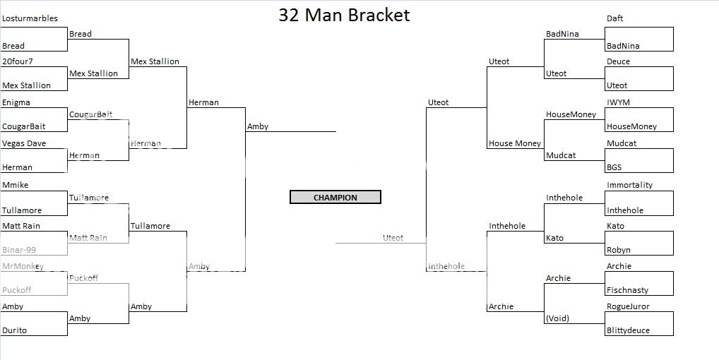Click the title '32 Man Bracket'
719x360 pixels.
click(x=344, y=15)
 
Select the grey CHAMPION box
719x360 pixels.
click(x=335, y=198)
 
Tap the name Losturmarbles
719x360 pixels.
click(x=30, y=18)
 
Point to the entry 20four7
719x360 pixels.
click(x=18, y=61)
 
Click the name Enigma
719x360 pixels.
click(x=16, y=102)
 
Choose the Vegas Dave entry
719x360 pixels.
click(x=24, y=143)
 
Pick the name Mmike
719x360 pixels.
click(x=16, y=185)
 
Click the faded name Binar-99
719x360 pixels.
click(x=19, y=250)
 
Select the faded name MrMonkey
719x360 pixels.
click(x=23, y=266)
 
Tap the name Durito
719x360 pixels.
click(x=15, y=330)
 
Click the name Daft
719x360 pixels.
click(x=614, y=18)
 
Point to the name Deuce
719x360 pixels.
click(x=618, y=61)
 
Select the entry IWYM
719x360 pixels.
click(x=619, y=102)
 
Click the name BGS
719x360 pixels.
click(x=615, y=167)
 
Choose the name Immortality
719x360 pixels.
click(x=629, y=185)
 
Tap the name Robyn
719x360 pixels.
click(x=619, y=250)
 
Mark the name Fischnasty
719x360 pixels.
click(x=627, y=290)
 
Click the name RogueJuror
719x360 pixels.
click(x=628, y=306)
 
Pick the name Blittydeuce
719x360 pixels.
click(x=628, y=330)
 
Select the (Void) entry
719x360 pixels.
click(x=557, y=318)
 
